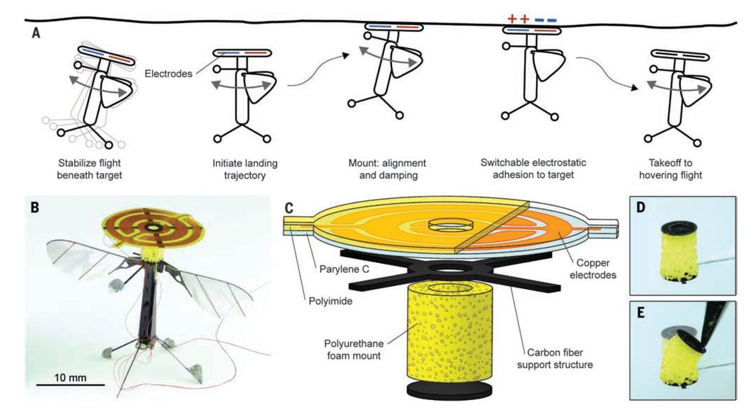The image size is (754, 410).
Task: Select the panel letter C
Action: [288, 206]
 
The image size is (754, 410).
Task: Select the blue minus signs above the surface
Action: [545, 19]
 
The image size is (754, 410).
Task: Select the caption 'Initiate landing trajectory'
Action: [244, 169]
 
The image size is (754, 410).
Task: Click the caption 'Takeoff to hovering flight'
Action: [670, 169]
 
